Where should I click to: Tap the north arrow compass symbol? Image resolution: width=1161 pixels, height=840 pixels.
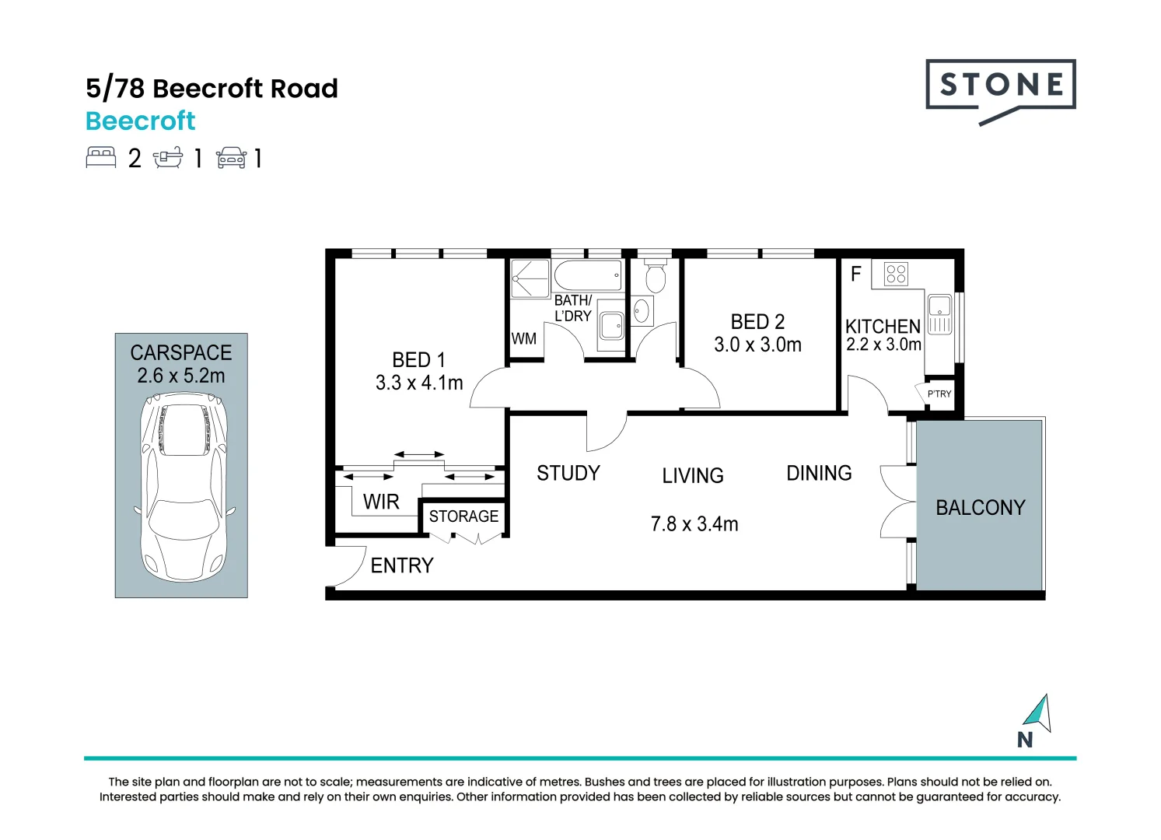[1038, 713]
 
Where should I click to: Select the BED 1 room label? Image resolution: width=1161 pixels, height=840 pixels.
[418, 360]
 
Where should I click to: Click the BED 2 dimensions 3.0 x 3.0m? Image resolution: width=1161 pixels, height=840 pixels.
[757, 345]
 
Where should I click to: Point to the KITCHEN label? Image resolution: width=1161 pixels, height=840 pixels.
[883, 326]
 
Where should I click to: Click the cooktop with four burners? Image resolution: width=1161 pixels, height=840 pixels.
[896, 273]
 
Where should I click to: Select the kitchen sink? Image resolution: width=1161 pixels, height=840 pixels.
[939, 315]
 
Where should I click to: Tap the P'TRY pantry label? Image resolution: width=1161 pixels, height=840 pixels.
[939, 394]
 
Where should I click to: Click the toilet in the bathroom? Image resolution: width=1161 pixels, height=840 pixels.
[656, 275]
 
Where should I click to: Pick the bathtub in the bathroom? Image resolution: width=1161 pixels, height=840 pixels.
[589, 275]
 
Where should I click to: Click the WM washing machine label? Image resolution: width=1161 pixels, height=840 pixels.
[523, 338]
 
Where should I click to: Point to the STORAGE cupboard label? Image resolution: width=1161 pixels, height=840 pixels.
[463, 516]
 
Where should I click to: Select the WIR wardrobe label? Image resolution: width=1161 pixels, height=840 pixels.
[381, 502]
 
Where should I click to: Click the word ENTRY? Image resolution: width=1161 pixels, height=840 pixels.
[402, 565]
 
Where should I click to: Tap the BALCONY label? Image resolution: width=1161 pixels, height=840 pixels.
[980, 508]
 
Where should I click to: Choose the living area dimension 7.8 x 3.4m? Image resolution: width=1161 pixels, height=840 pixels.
[694, 524]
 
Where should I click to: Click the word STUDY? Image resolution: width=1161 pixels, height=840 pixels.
[568, 473]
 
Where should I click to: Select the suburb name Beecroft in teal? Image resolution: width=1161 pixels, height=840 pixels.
[141, 121]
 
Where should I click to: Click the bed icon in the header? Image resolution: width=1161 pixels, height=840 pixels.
[101, 158]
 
